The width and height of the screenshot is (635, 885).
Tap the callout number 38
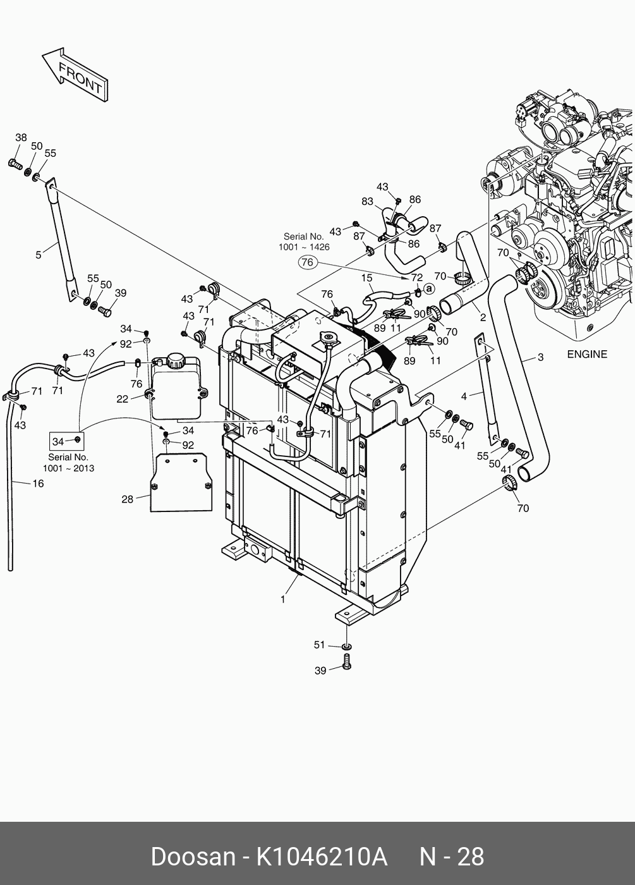[21, 138]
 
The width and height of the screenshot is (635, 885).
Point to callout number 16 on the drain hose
[38, 484]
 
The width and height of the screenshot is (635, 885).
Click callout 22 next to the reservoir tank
[122, 399]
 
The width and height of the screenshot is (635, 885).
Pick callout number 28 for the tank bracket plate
[127, 499]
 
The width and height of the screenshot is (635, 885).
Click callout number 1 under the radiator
[283, 599]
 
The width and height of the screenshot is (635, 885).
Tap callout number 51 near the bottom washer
[320, 645]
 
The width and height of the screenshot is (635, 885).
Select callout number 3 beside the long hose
[540, 357]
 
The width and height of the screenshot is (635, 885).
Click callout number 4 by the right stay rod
[464, 396]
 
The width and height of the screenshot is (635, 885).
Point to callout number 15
[367, 278]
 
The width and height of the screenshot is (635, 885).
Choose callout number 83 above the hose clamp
[368, 202]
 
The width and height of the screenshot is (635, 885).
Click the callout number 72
[417, 278]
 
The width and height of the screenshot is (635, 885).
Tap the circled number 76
[307, 262]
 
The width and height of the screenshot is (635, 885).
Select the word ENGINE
[586, 354]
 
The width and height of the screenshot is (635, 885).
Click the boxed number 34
[58, 441]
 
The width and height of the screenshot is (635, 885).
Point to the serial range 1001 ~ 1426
[304, 247]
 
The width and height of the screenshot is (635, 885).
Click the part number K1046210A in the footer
[320, 857]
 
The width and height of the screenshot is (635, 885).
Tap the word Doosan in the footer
[192, 857]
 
